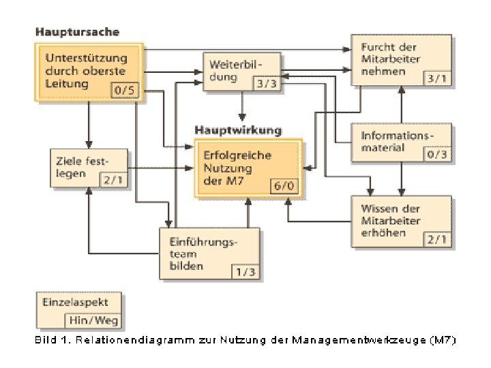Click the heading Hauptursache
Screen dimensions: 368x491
[77, 31]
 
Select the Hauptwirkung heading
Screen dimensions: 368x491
[238, 129]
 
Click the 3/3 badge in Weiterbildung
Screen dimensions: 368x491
[266, 83]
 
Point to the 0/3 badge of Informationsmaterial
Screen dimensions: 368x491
[438, 154]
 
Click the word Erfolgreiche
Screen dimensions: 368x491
[237, 155]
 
